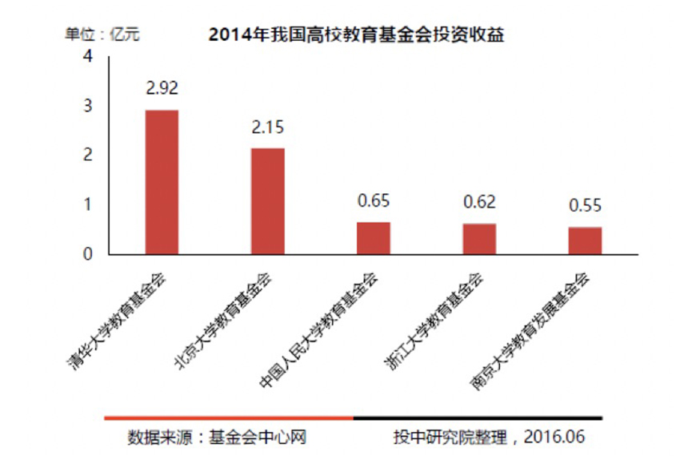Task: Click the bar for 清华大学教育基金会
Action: pyautogui.click(x=162, y=182)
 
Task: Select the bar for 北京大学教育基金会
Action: pyautogui.click(x=268, y=201)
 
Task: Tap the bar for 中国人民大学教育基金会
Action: pyautogui.click(x=373, y=238)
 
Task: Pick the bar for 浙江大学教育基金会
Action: pyautogui.click(x=479, y=239)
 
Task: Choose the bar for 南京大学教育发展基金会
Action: pyautogui.click(x=585, y=240)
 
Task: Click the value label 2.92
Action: pyautogui.click(x=162, y=88)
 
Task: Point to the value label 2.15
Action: pyautogui.click(x=268, y=127)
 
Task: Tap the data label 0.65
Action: pyautogui.click(x=373, y=201)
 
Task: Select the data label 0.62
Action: pyautogui.click(x=479, y=202)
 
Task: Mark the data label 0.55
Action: pyautogui.click(x=585, y=206)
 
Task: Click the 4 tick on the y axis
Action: pyautogui.click(x=88, y=57)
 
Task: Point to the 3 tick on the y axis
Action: pyautogui.click(x=88, y=106)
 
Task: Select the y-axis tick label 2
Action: pyautogui.click(x=88, y=155)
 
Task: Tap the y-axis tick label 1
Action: pyautogui.click(x=88, y=205)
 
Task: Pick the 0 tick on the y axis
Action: pyautogui.click(x=88, y=254)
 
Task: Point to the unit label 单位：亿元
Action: pyautogui.click(x=102, y=34)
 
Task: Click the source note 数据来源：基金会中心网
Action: pyautogui.click(x=218, y=438)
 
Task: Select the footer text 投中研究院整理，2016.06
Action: pyautogui.click(x=489, y=438)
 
